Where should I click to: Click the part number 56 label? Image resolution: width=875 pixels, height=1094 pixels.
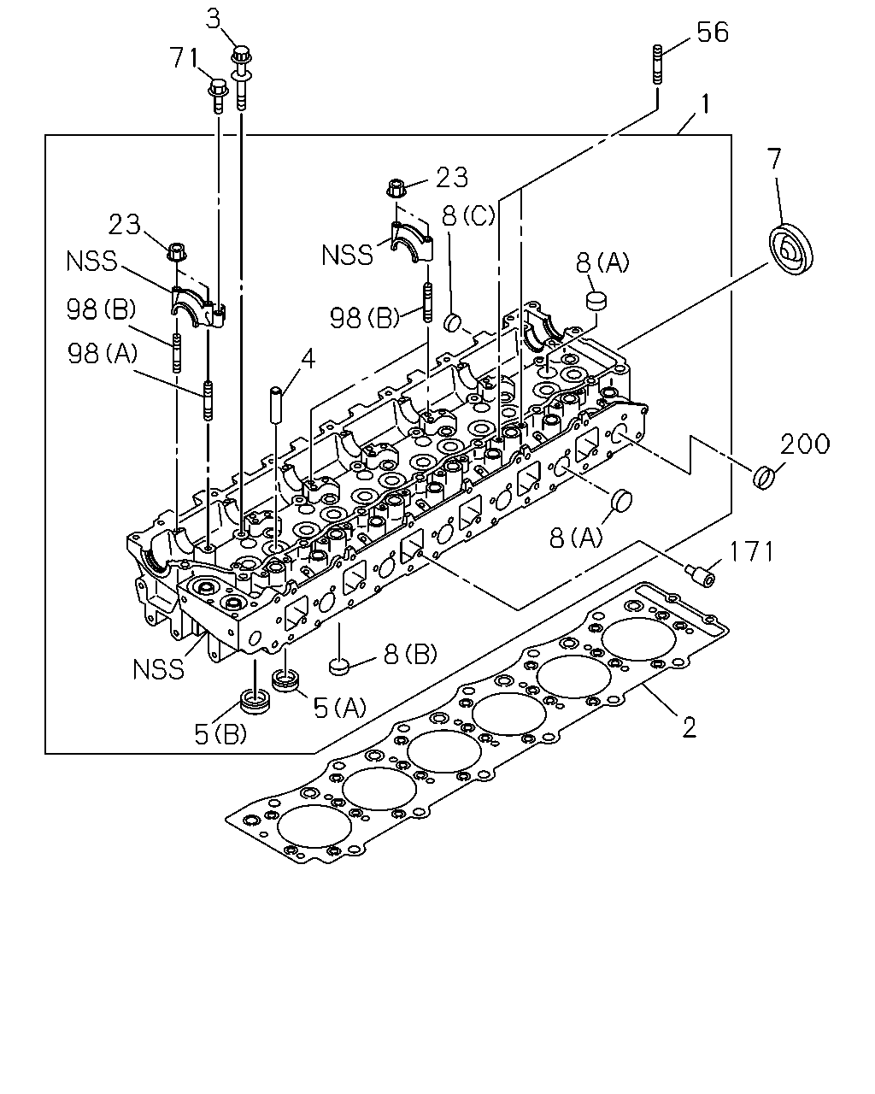click(713, 32)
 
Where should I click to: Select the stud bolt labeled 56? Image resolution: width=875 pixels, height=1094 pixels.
click(656, 63)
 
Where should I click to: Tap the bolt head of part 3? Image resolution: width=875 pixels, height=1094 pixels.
click(241, 54)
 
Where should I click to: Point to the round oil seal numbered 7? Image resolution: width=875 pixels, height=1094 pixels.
click(790, 249)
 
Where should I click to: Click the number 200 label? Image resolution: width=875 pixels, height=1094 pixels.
click(805, 444)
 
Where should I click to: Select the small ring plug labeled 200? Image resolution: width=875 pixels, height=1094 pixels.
click(764, 477)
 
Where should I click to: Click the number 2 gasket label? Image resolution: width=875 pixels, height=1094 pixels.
click(689, 727)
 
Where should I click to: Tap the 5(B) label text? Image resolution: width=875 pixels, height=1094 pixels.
click(221, 733)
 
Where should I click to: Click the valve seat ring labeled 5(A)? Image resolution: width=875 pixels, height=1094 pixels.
click(285, 680)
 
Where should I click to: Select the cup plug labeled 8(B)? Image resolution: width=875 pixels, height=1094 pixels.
click(338, 666)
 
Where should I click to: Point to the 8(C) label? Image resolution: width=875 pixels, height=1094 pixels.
click(468, 215)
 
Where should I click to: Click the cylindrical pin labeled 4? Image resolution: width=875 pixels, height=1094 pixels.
click(276, 404)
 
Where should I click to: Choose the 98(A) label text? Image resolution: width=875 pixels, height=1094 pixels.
click(103, 353)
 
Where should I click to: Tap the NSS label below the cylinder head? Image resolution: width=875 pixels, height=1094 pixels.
click(158, 669)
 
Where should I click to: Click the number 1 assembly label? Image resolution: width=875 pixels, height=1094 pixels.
click(705, 104)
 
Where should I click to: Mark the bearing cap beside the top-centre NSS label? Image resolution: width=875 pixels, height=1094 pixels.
click(412, 243)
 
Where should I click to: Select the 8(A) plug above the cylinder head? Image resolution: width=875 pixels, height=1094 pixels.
click(596, 301)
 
